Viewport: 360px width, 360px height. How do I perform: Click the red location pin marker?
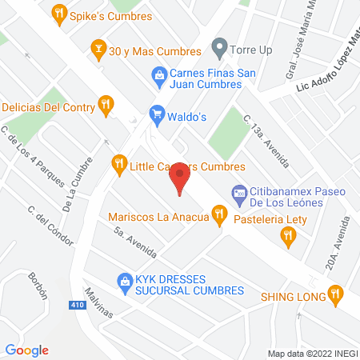coord(180,178)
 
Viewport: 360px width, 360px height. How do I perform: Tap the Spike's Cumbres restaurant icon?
coord(58,13)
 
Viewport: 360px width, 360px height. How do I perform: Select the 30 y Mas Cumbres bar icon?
coord(98,47)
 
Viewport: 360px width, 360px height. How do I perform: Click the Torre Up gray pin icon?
coord(218,47)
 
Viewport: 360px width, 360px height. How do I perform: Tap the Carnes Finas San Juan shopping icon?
coord(158,77)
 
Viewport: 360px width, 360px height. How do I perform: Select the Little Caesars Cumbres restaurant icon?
coord(119,163)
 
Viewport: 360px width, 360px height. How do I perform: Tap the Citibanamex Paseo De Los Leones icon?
coord(238,192)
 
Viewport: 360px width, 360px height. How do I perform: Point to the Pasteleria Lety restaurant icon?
coord(288,234)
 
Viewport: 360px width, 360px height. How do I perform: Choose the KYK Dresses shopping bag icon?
coord(125,280)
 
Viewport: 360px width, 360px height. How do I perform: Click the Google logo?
coord(27,350)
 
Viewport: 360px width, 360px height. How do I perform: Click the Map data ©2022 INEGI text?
coord(313,353)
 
